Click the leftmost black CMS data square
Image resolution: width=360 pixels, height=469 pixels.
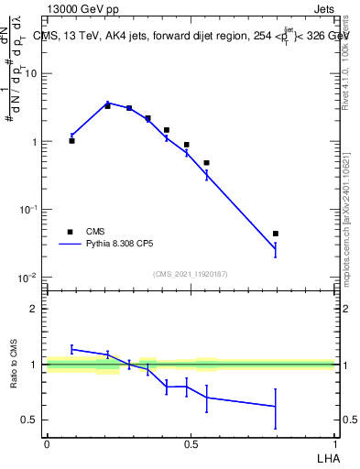pos(71,141)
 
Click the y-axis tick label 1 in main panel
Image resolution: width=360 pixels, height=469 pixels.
pos(35,142)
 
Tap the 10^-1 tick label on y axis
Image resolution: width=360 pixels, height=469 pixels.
pos(29,210)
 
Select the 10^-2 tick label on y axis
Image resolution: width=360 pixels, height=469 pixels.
pos(29,278)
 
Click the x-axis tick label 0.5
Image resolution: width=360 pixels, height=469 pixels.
pos(191,443)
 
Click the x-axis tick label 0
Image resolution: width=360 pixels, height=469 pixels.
pos(47,443)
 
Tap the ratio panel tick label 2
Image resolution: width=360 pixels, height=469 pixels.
pos(35,310)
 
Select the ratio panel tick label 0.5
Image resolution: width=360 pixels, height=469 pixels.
pos(31,420)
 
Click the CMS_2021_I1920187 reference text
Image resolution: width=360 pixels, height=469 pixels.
pos(191,273)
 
